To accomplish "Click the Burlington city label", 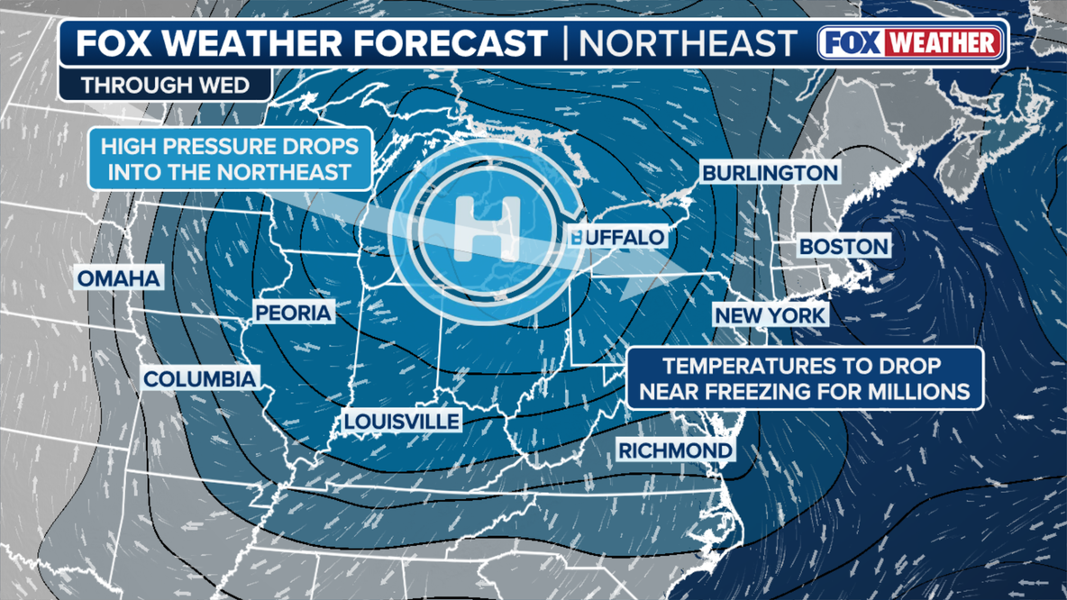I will pyautogui.click(x=770, y=172).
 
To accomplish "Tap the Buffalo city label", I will pyautogui.click(x=617, y=238).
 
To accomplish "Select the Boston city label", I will pyautogui.click(x=844, y=246).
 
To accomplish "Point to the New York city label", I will pyautogui.click(x=770, y=315).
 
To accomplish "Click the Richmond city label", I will pyautogui.click(x=674, y=450).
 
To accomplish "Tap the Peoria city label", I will pyautogui.click(x=294, y=313).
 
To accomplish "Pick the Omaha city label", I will pyautogui.click(x=119, y=278).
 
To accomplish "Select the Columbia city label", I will pyautogui.click(x=200, y=378).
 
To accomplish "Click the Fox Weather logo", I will pyautogui.click(x=911, y=42).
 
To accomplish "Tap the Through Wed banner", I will pyautogui.click(x=166, y=86).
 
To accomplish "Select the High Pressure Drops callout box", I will pyautogui.click(x=230, y=159).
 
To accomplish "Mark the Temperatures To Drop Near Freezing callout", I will pyautogui.click(x=803, y=378).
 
